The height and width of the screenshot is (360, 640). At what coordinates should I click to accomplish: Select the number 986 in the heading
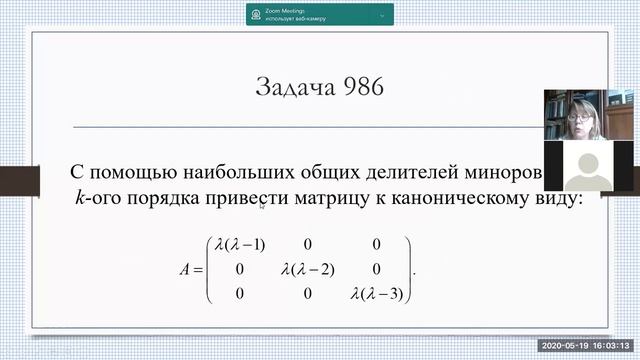pyautogui.click(x=361, y=88)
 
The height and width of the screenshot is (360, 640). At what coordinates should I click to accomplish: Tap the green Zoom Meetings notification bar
pyautogui.click(x=320, y=14)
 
